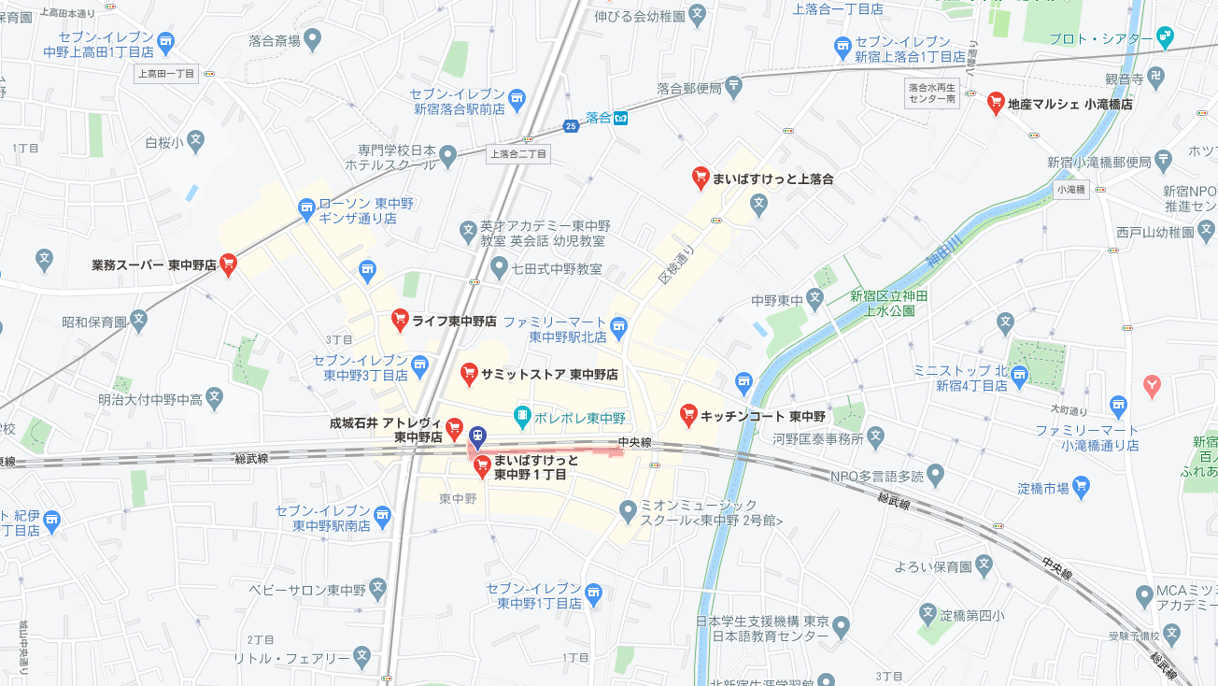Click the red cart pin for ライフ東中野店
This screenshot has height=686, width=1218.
[x=400, y=320]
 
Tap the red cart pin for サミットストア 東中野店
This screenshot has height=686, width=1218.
[x=470, y=374]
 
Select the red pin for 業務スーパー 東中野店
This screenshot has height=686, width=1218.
[x=228, y=264]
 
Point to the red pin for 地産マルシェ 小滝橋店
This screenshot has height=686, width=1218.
[x=996, y=103]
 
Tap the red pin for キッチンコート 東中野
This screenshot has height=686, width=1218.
[x=688, y=414]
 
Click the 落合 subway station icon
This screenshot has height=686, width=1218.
[x=620, y=118]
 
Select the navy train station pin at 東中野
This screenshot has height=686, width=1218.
[x=477, y=436]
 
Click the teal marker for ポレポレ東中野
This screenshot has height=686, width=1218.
[x=522, y=415]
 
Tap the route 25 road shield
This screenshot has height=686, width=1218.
[x=571, y=125]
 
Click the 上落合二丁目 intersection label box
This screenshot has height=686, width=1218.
[x=518, y=153]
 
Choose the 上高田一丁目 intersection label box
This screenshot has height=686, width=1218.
[x=166, y=74]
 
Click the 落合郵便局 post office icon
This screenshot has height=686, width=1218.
[x=734, y=87]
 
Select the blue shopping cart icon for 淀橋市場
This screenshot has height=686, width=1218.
[x=1082, y=485]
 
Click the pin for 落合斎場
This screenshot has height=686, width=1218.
[x=312, y=39]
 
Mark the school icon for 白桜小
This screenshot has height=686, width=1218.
[x=195, y=141]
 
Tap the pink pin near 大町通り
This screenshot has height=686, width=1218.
[x=1152, y=384]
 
